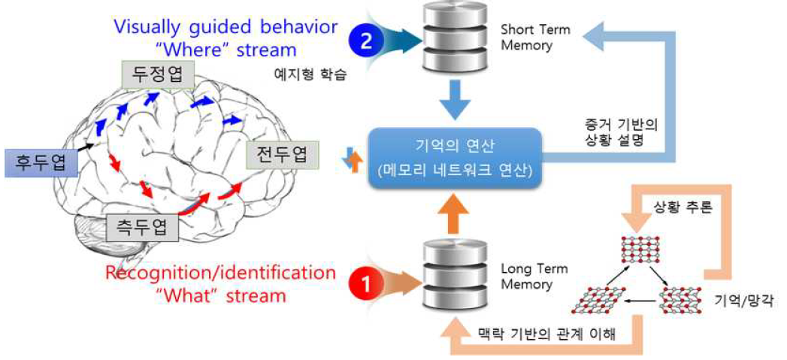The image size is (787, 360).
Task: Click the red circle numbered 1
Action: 368,284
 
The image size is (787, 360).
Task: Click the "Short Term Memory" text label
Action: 535,38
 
